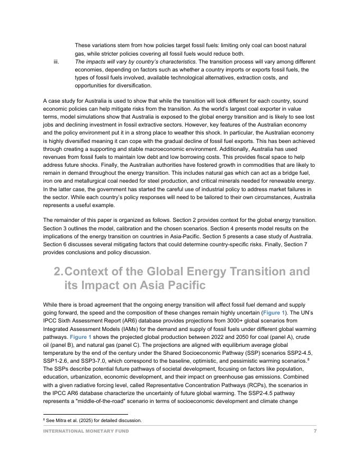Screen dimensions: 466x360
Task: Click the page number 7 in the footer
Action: [315, 431]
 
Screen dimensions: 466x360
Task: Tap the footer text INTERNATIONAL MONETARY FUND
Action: [86, 431]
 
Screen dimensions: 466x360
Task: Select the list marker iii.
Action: [56, 61]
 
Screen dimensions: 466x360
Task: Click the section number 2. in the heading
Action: [58, 272]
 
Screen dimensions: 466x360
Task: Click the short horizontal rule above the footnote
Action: [85, 415]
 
